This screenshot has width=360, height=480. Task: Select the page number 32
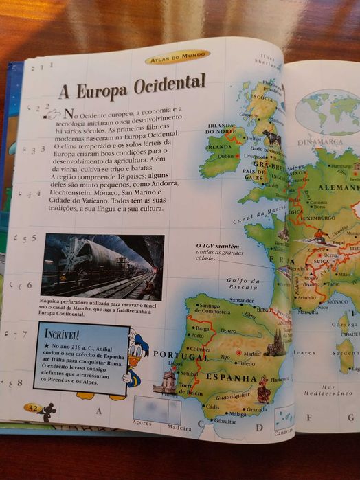click(33, 408)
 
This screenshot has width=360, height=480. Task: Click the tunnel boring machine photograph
click(102, 266)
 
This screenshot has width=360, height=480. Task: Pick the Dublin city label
click(226, 156)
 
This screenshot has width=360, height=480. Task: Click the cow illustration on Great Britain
click(271, 137)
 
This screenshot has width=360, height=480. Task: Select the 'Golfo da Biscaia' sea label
click(244, 284)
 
